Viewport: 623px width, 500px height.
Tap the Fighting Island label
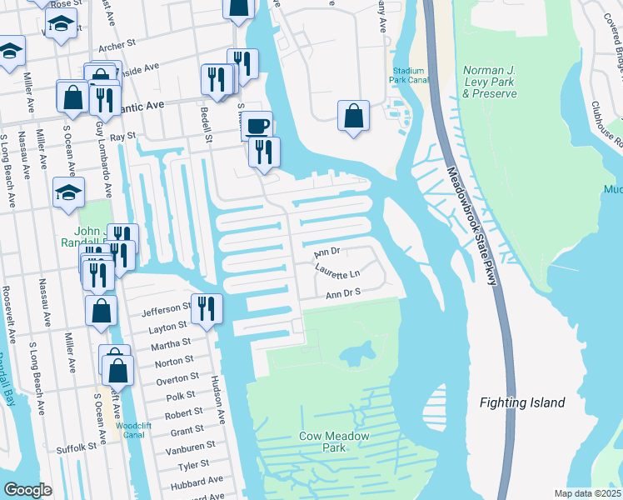522,402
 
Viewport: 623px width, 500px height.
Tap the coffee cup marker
257,127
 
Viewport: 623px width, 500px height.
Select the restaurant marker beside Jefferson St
207,308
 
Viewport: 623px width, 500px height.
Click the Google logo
28,490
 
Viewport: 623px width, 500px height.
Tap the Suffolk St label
77,448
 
